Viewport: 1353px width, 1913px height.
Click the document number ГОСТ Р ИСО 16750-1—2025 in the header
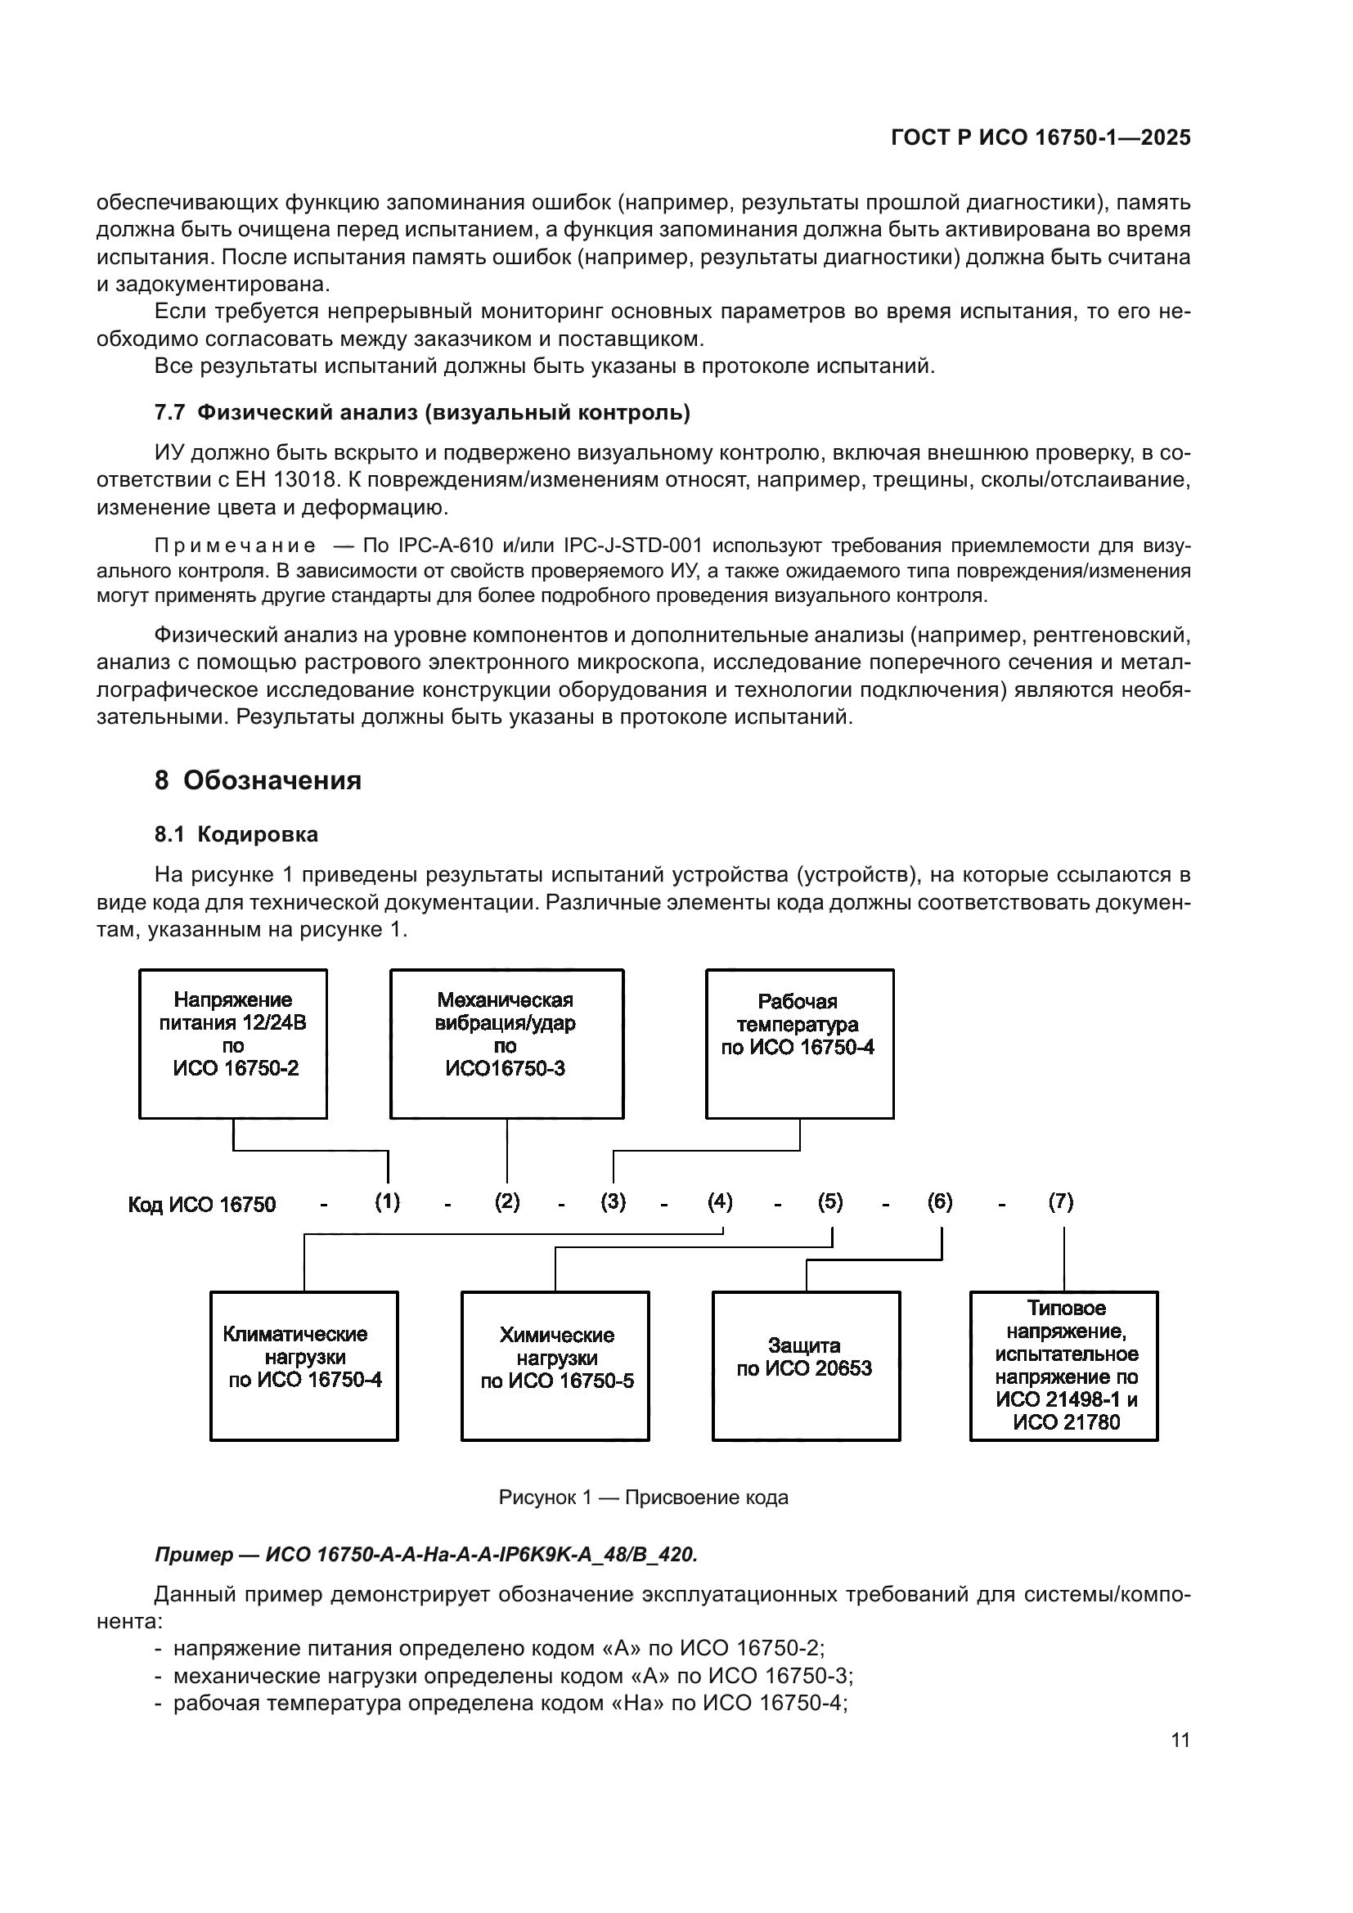coord(1041,137)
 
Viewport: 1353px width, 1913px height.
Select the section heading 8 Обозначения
coord(258,781)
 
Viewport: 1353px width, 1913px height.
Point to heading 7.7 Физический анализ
coord(422,412)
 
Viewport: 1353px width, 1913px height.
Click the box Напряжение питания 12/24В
coord(233,1043)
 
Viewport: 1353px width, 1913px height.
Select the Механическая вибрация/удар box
coord(506,1043)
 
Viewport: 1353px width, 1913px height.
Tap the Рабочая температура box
coord(799,1043)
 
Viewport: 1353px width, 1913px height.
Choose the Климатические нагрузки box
coord(304,1367)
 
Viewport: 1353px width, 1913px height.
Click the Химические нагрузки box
coord(555,1367)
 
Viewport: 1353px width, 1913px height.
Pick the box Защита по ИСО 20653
coord(806,1367)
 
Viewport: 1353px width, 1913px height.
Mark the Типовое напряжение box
coord(1064,1367)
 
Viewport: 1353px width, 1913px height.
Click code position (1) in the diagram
coord(388,1202)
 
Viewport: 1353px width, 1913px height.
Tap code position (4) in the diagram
coord(720,1202)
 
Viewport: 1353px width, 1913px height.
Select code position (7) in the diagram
coord(1061,1202)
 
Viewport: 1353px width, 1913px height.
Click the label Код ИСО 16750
coord(201,1205)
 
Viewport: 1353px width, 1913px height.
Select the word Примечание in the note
coord(236,546)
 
